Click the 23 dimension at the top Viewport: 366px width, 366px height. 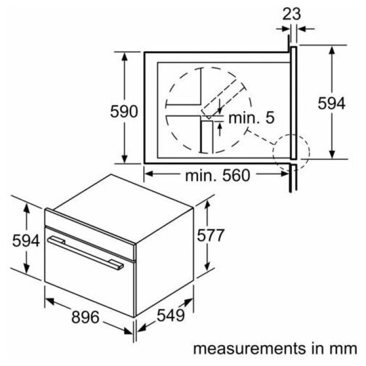coord(292,14)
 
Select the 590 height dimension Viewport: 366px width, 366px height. coord(124,111)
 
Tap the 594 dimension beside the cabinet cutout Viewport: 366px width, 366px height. coord(331,103)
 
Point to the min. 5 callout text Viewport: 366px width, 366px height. coord(251,118)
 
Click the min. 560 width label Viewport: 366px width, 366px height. coord(218,176)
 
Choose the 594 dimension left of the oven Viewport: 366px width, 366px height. coord(26,241)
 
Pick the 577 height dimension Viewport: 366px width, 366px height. coord(211,235)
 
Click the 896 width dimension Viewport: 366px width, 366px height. coord(85,317)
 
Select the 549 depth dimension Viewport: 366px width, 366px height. coord(170,315)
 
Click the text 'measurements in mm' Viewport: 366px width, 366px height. coord(275,349)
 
